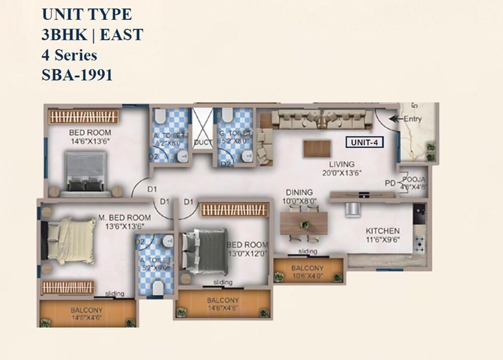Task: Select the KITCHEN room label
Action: click(383, 230)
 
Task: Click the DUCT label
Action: click(203, 143)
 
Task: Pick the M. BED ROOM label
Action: click(124, 217)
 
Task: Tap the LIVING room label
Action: click(342, 164)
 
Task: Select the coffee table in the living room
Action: click(317, 148)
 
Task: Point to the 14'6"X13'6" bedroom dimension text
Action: click(90, 141)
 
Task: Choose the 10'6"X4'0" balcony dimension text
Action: click(308, 276)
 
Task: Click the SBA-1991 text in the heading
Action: click(77, 75)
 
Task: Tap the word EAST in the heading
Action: click(121, 35)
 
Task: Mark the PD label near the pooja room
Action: click(390, 183)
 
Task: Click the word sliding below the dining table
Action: click(307, 251)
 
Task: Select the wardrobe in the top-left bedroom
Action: click(84, 117)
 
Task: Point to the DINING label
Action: click(299, 192)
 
